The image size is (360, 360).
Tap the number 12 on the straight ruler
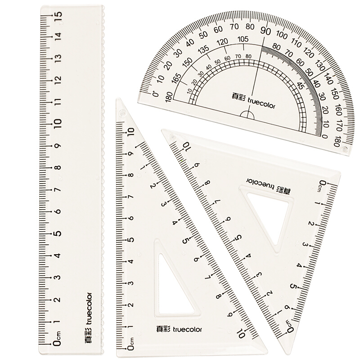tap(58, 80)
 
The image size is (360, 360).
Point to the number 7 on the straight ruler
tap(58, 189)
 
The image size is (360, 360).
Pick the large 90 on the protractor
tap(265, 31)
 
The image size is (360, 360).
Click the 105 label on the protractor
tap(243, 39)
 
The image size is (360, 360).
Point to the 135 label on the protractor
tap(204, 49)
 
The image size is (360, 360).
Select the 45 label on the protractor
tap(301, 86)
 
